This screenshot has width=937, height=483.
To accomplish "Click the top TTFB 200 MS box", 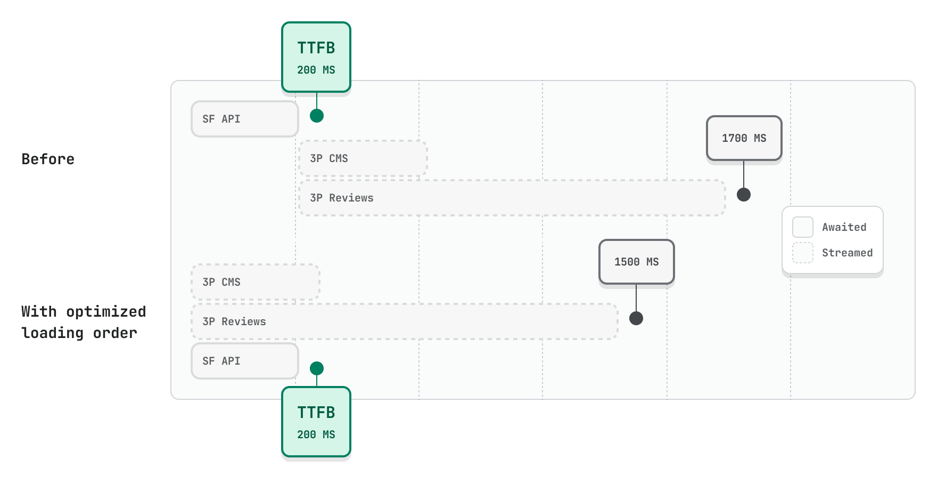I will pos(316,57).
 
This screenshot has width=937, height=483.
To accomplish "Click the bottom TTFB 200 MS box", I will pos(316,422).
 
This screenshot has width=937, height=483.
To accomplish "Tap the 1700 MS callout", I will pos(744,138).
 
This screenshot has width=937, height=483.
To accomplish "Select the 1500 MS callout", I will pos(636,262).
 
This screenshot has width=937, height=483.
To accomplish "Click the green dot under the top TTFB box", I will pos(317,116).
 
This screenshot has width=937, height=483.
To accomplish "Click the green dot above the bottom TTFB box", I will pos(317,368).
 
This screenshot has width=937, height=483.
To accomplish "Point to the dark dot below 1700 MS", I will pos(744,195).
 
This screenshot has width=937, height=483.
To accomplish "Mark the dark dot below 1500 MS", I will pos(636,318).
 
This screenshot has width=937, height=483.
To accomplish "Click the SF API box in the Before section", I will pos(244,119).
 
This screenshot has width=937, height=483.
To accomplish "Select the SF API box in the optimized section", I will pos(244,361).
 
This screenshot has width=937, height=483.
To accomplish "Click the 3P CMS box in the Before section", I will pos(363,158).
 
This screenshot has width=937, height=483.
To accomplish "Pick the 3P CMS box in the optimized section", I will pos(256,282).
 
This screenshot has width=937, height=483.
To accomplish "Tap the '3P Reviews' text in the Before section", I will pos(342,198).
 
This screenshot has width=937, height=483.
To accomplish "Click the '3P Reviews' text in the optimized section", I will pos(234,321).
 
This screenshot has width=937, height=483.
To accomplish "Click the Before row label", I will pos(48,159).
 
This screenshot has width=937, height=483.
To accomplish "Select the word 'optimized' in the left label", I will pos(106,312).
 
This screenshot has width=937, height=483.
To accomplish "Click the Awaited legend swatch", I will pos(803,227).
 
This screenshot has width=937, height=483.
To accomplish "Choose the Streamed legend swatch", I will pos(803,253).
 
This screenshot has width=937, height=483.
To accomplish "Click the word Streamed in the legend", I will pos(847,253).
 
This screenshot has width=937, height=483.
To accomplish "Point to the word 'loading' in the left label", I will pos(52,333).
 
